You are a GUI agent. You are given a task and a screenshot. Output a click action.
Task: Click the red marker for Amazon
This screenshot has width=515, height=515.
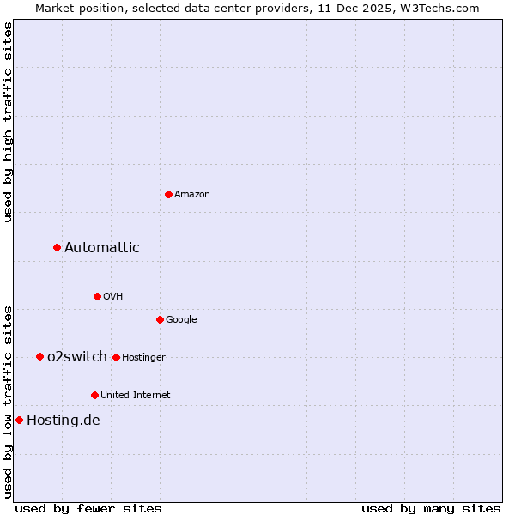click(168, 194)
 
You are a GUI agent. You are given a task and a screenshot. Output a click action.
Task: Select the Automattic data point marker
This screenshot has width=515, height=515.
click(58, 247)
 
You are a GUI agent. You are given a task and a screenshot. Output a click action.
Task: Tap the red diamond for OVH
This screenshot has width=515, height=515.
click(97, 296)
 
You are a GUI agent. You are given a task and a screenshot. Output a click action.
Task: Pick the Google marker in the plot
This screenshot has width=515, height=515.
click(160, 319)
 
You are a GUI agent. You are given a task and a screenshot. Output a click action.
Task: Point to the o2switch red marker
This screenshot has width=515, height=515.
click(39, 356)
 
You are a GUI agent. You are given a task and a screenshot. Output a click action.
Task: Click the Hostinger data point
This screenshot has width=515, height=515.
click(116, 357)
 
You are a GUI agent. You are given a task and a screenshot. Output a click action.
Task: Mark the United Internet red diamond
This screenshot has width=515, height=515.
click(94, 395)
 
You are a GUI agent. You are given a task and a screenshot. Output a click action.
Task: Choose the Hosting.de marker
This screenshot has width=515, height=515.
click(19, 420)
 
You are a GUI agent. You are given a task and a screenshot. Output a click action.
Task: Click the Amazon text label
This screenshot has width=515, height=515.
click(192, 195)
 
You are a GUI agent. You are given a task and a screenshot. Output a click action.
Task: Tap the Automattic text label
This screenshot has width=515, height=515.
click(102, 248)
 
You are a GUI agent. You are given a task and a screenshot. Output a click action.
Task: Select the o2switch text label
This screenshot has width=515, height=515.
click(77, 357)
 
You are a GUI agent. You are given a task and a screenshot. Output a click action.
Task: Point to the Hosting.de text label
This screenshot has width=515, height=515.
click(64, 421)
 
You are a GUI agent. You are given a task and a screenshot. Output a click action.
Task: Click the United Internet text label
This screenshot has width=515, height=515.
click(136, 396)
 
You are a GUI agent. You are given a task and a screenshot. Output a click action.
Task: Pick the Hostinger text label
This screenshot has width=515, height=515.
click(144, 358)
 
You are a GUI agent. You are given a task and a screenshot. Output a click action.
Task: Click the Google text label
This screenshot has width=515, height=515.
click(181, 320)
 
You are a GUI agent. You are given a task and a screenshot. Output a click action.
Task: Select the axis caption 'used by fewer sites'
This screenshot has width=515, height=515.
click(88, 509)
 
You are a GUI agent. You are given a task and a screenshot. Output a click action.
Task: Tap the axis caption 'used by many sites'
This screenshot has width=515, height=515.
click(431, 509)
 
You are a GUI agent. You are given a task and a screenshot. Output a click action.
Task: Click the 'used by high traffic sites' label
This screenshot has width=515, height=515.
click(8, 122)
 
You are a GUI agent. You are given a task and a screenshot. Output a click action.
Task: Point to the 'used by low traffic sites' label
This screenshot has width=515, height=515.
click(8, 401)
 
